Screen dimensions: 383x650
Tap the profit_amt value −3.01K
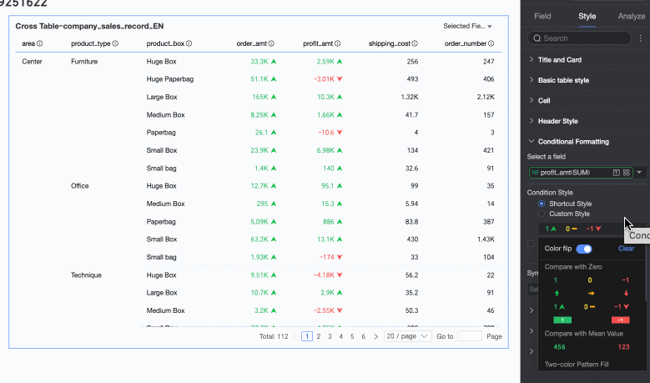click(x=324, y=79)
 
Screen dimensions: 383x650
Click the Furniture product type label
click(x=84, y=62)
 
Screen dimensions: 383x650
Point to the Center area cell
click(x=32, y=62)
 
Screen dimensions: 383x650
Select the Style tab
click(x=587, y=16)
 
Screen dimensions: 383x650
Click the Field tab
click(x=542, y=16)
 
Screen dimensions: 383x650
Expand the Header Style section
click(x=557, y=121)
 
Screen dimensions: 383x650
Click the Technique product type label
click(x=86, y=275)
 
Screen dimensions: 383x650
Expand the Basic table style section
click(x=575, y=80)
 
